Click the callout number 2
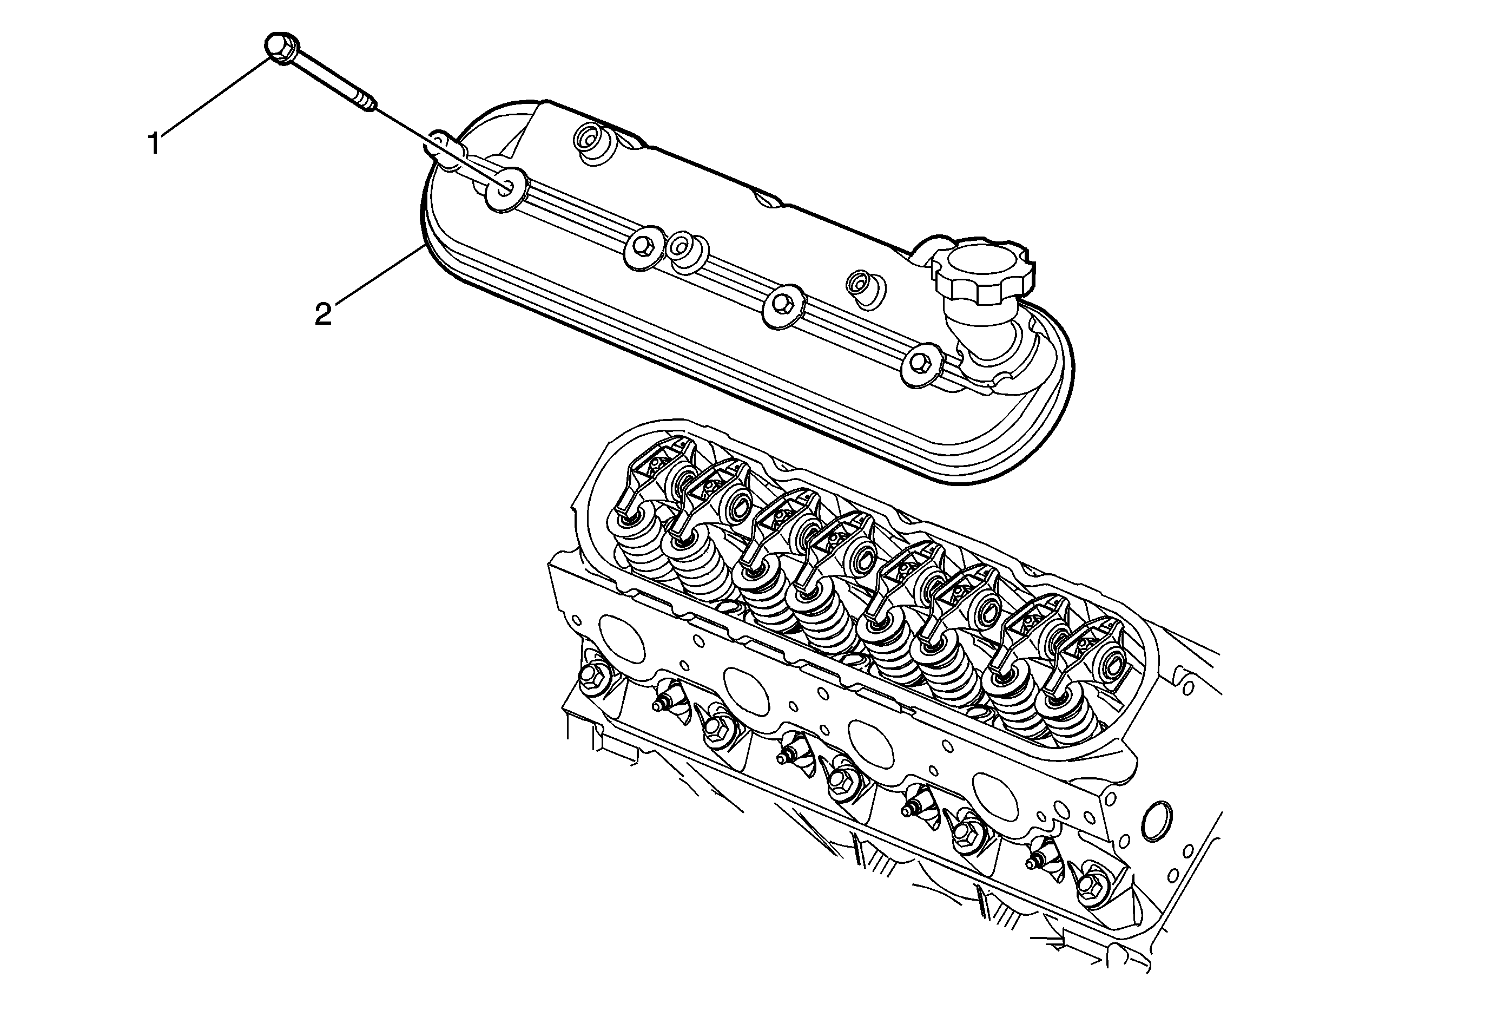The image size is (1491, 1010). pyautogui.click(x=323, y=314)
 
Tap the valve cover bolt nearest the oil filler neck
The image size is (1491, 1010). pyautogui.click(x=921, y=363)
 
